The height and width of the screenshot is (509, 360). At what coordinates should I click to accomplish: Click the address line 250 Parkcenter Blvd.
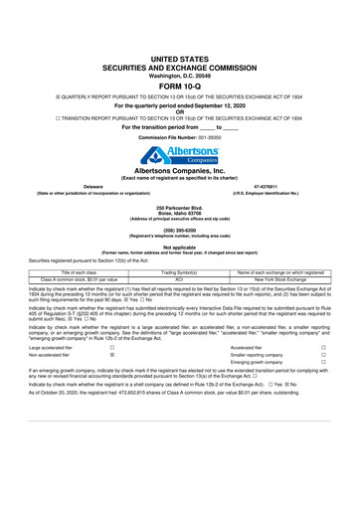coord(180,206)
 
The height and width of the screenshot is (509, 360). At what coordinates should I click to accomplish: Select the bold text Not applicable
coord(180,246)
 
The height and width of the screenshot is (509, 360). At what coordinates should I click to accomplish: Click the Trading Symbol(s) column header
coord(181,272)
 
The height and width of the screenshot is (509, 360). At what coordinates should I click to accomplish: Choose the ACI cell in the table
coord(181,280)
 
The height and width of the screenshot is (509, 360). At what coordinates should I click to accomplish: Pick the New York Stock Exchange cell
coord(282,280)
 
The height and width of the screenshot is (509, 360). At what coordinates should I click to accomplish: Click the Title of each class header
coord(76,272)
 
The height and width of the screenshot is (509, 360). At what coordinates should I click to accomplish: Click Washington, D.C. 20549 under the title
coord(180,44)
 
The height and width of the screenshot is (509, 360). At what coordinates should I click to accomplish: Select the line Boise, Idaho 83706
coord(180,212)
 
